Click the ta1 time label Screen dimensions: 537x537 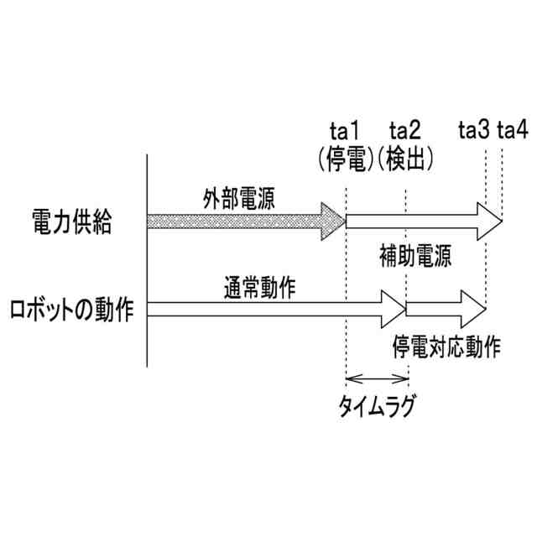click(345, 132)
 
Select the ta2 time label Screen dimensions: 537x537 click(405, 132)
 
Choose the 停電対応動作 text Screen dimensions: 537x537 click(446, 346)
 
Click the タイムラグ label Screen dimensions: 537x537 click(376, 408)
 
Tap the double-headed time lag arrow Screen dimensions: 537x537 click(375, 379)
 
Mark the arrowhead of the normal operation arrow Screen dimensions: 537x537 click(392, 310)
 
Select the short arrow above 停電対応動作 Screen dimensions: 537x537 click(445, 310)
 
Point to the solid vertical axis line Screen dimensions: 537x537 click(148, 260)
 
